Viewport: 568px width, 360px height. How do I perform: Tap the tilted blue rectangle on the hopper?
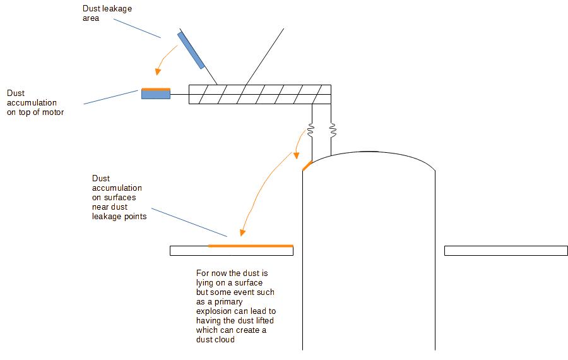[191, 50]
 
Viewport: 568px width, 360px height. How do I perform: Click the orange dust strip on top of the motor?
[156, 89]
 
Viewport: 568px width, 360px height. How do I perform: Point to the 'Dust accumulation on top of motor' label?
[35, 102]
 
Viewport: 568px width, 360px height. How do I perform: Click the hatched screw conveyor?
[259, 94]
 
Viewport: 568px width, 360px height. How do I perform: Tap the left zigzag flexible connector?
[311, 131]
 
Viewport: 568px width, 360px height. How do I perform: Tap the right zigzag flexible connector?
[333, 131]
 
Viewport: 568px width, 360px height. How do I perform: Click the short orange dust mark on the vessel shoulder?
[307, 165]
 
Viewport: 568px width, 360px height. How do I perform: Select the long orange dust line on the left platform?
[251, 245]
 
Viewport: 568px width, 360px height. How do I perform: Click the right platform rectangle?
[506, 251]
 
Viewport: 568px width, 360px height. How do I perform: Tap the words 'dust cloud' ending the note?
[218, 340]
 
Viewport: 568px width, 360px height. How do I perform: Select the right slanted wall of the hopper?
[265, 57]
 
